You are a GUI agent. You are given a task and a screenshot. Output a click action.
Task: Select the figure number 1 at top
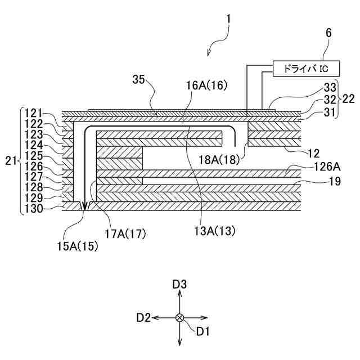[x=228, y=19]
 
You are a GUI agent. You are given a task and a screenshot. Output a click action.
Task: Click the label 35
[x=139, y=79]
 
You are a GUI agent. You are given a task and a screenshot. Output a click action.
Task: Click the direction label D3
[x=179, y=285]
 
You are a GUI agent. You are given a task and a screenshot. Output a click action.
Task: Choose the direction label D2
[x=143, y=318]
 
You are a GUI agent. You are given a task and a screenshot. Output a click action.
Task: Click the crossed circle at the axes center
[x=179, y=318]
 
